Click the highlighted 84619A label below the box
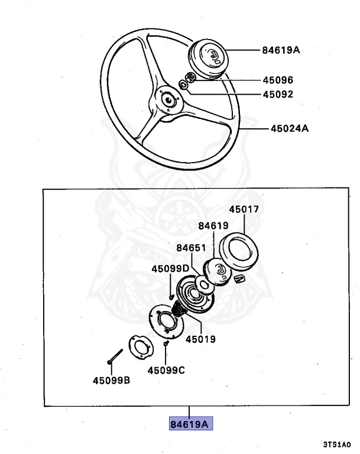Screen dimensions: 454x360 (190, 424)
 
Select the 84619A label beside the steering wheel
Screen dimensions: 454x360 (281, 50)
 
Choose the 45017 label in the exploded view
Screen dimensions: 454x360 (244, 209)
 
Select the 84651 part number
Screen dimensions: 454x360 (192, 247)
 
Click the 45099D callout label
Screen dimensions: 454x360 (170, 268)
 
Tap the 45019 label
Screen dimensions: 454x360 (200, 339)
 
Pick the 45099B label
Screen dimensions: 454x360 (111, 380)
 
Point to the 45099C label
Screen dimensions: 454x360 (166, 371)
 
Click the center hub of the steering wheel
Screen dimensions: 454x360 (169, 100)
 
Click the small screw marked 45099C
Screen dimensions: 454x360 (166, 343)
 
